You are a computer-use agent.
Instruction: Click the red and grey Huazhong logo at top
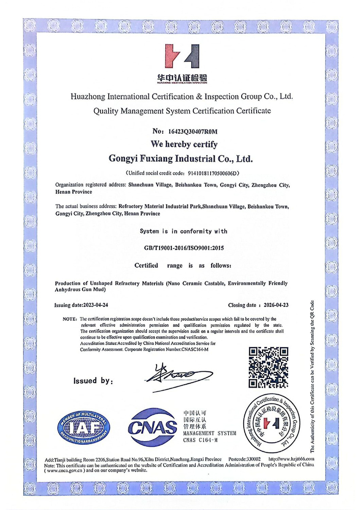point(181,58)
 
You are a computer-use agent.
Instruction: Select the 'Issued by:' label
point(92,380)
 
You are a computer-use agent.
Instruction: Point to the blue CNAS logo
point(151,428)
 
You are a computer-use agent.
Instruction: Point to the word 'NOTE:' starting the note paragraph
point(70,319)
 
